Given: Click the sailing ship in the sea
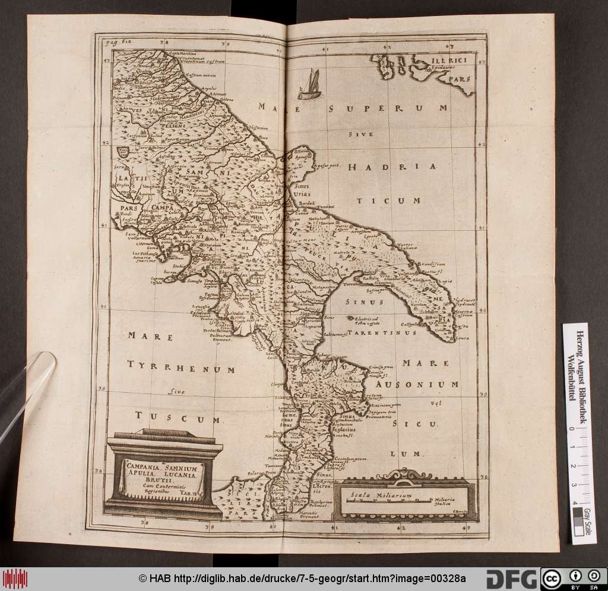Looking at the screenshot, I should tap(309, 84).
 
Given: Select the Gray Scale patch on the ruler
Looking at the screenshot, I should tap(586, 522).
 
